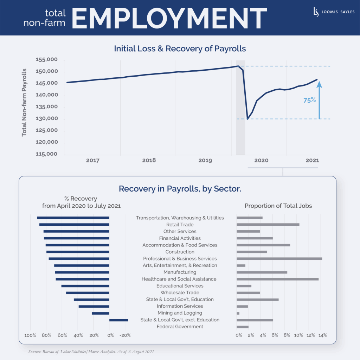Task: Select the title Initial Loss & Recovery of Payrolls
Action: point(180,49)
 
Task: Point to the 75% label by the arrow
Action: point(310,100)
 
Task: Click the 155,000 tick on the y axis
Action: point(47,60)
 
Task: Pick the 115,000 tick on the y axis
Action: point(47,154)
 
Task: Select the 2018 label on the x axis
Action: point(149,160)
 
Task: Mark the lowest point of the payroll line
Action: point(248,118)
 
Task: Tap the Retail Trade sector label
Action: point(180,225)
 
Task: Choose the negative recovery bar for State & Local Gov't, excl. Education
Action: point(119,320)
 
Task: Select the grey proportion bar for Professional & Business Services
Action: point(279,259)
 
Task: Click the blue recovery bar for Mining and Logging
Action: point(101,313)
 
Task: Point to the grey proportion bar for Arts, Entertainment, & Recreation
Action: point(241,265)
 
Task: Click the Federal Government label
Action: point(180,327)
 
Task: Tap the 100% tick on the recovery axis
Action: point(30,335)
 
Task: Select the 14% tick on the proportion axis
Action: point(322,335)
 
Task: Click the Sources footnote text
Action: point(91,352)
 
